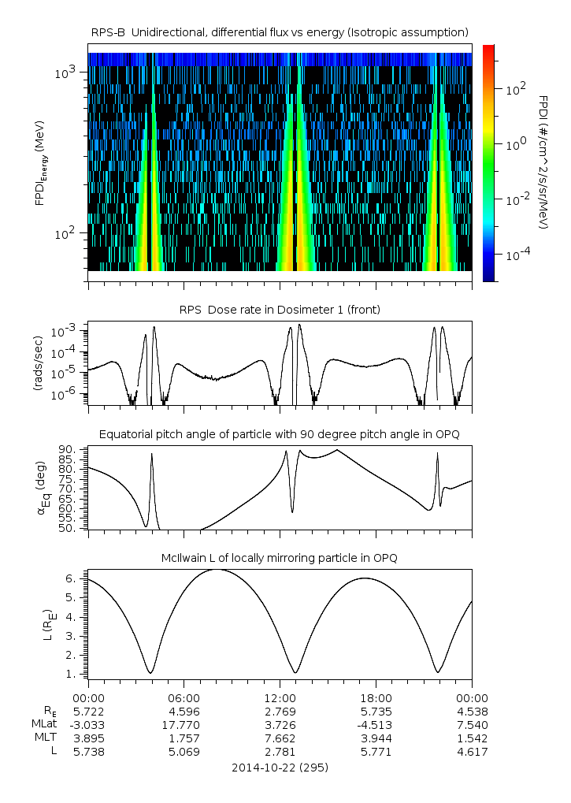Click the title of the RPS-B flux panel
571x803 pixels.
point(280,32)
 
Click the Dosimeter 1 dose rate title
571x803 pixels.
point(280,310)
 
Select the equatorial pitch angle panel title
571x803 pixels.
point(280,434)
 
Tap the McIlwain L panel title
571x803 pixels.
point(280,557)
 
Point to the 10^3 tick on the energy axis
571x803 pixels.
point(66,73)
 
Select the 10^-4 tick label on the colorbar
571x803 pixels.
point(516,256)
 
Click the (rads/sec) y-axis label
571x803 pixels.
point(38,363)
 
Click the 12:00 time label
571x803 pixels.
point(280,698)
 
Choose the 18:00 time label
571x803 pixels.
point(376,698)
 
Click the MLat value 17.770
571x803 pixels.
point(184,724)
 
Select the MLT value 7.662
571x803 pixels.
point(280,738)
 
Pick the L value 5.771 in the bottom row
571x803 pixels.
point(376,752)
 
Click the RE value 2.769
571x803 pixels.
point(280,711)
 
